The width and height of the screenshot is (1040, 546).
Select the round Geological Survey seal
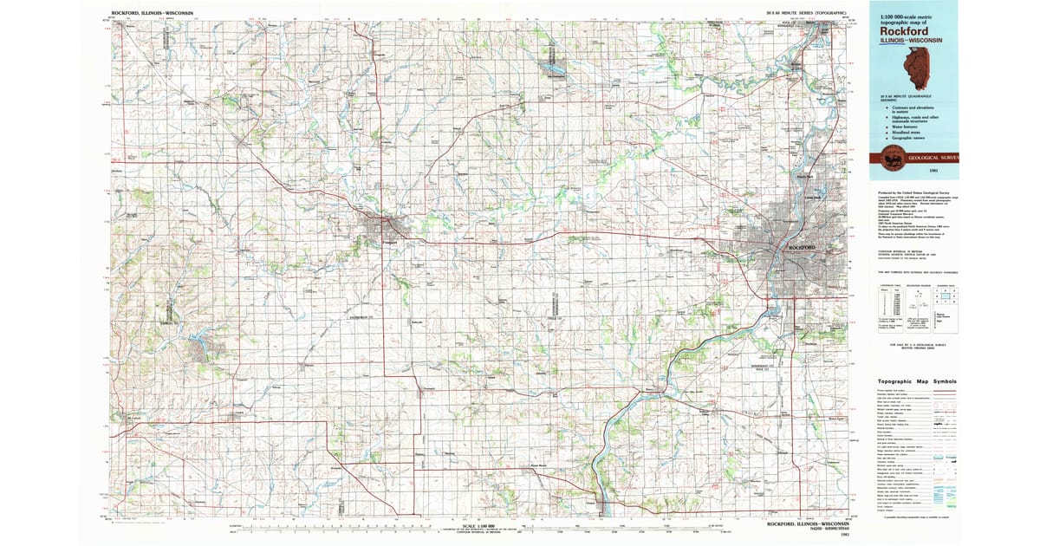pyautogui.click(x=891, y=158)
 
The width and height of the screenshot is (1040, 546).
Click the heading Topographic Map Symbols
pyautogui.click(x=918, y=381)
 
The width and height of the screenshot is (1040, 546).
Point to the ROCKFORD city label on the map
pyautogui.click(x=803, y=248)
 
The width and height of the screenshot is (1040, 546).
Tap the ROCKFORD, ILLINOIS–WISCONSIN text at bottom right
pyautogui.click(x=809, y=523)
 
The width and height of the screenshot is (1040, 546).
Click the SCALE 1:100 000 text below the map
pyautogui.click(x=471, y=527)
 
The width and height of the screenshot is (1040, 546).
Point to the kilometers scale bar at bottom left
pyautogui.click(x=286, y=525)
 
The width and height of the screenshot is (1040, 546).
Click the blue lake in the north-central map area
pyautogui.click(x=551, y=62)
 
